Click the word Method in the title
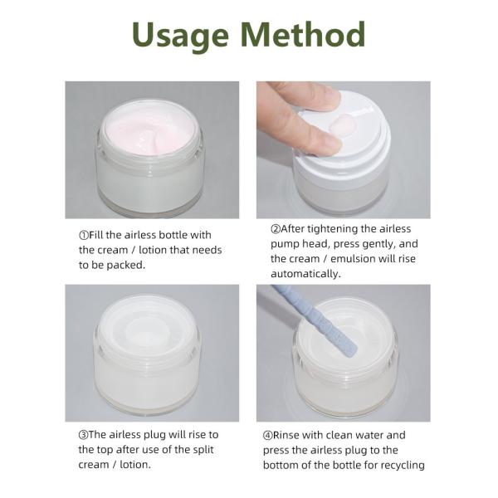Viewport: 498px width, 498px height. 303,34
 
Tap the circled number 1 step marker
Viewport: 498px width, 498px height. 84,236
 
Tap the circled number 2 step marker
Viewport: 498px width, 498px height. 276,229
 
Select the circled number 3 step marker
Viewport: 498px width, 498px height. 83,435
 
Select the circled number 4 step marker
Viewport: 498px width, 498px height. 268,436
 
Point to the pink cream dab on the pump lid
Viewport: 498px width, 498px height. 342,124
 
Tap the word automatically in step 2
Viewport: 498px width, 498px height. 305,274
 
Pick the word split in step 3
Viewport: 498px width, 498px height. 203,450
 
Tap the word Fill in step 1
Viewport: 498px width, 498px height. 96,235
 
